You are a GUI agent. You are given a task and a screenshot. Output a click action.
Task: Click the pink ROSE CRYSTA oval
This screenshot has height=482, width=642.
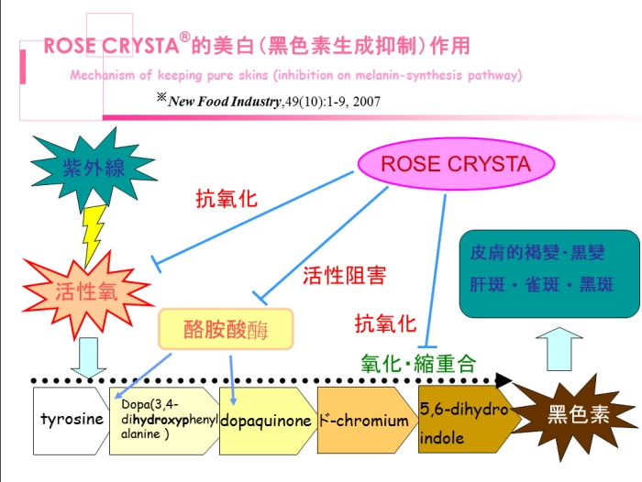[455, 165]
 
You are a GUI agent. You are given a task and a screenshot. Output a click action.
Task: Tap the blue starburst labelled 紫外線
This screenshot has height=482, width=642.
[81, 168]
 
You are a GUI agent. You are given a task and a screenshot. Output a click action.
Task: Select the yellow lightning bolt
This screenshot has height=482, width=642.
[94, 234]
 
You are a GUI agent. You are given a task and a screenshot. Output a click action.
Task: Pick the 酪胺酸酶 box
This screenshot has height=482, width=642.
[226, 328]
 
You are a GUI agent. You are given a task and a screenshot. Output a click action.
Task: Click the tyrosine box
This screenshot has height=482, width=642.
[72, 421]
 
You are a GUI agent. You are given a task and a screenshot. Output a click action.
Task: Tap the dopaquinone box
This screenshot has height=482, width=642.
[265, 421]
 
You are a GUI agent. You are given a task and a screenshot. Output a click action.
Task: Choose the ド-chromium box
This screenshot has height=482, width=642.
[363, 421]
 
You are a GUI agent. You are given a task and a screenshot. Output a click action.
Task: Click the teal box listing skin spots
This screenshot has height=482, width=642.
[548, 272]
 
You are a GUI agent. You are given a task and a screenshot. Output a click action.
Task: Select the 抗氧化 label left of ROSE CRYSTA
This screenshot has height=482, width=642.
[227, 199]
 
